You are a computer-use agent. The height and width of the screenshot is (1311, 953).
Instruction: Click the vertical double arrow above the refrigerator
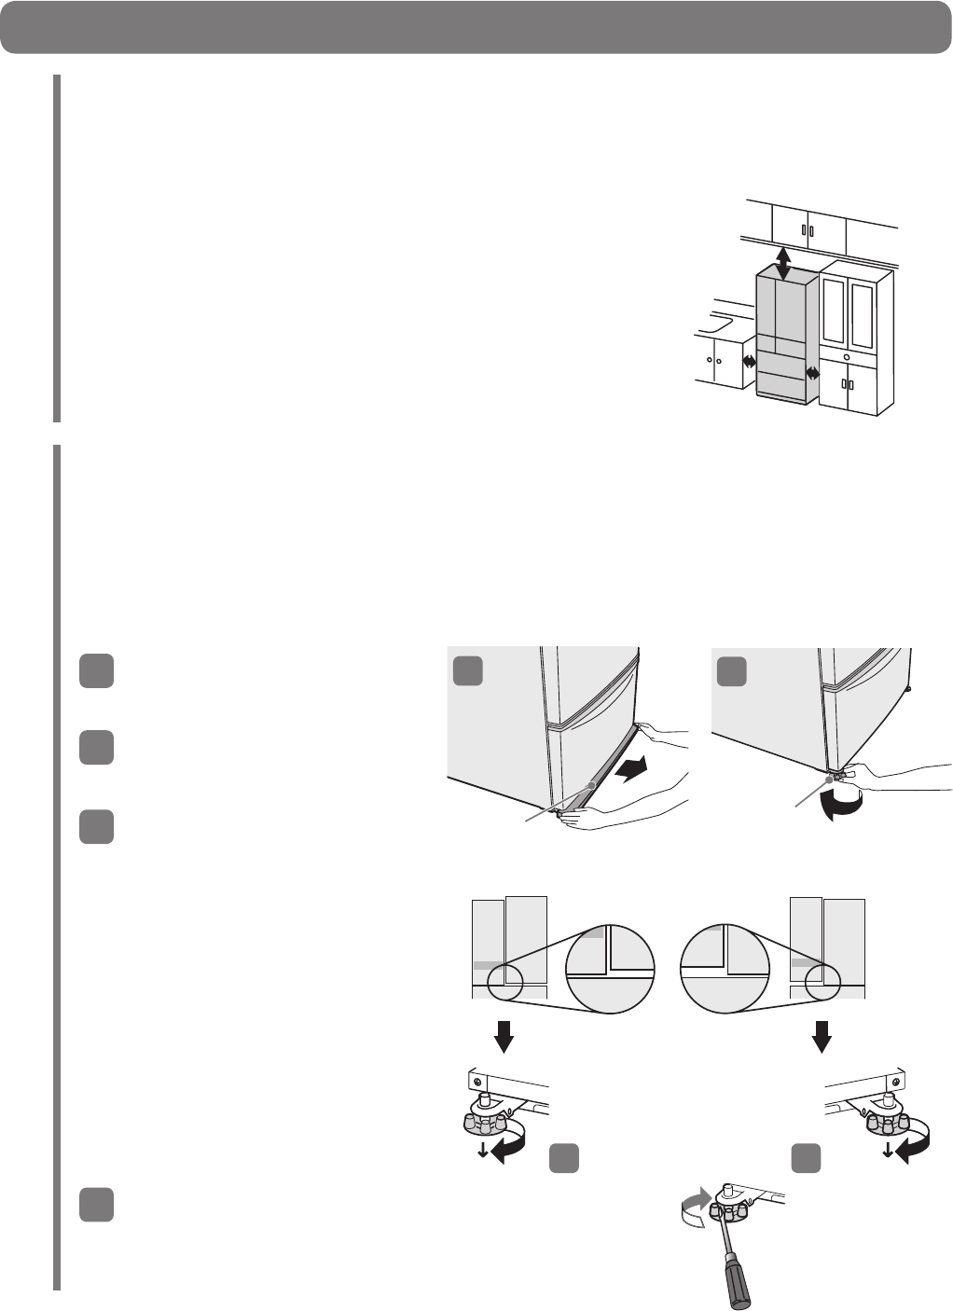pos(783,263)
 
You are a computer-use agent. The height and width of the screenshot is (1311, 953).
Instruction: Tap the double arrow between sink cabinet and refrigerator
pos(748,363)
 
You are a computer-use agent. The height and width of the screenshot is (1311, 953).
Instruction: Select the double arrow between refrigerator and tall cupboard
pos(812,373)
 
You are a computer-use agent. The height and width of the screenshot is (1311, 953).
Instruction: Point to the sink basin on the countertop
pos(719,325)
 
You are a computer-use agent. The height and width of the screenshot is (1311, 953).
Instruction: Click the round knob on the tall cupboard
pos(846,356)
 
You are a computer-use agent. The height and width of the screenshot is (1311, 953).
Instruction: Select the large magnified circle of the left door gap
pos(611,968)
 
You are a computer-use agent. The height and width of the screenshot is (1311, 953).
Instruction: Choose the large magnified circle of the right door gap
pos(725,968)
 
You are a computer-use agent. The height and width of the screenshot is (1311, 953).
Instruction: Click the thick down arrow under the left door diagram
pos(504,1034)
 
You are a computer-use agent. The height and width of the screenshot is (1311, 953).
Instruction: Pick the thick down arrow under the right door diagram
pos(822,1034)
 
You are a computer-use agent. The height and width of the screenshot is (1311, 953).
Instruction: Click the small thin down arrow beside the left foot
pos(482,1148)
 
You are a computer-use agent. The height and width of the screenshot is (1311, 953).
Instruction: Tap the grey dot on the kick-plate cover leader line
pos(590,785)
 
